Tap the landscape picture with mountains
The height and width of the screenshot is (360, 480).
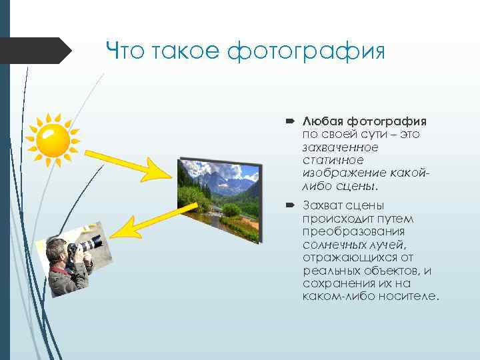[x=218, y=198]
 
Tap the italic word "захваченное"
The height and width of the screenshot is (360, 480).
[x=340, y=147]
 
